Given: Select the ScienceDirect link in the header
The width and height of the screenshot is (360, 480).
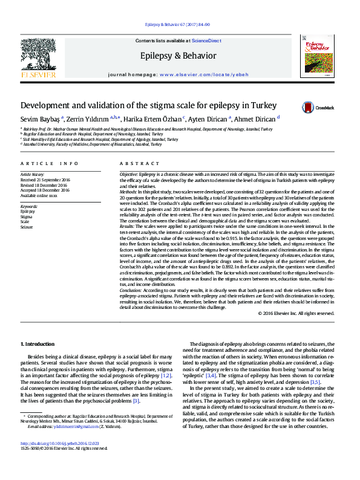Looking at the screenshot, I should point(206,41).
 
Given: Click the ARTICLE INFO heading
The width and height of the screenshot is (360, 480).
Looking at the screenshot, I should point(50,164).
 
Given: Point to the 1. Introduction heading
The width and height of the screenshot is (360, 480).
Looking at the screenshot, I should point(38,344).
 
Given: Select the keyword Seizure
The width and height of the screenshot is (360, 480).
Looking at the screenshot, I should point(27,227).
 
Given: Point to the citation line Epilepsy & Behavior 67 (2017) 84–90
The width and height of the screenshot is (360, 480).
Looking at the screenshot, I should point(178,25).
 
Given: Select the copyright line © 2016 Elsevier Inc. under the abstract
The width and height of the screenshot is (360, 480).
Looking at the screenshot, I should point(296,314).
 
